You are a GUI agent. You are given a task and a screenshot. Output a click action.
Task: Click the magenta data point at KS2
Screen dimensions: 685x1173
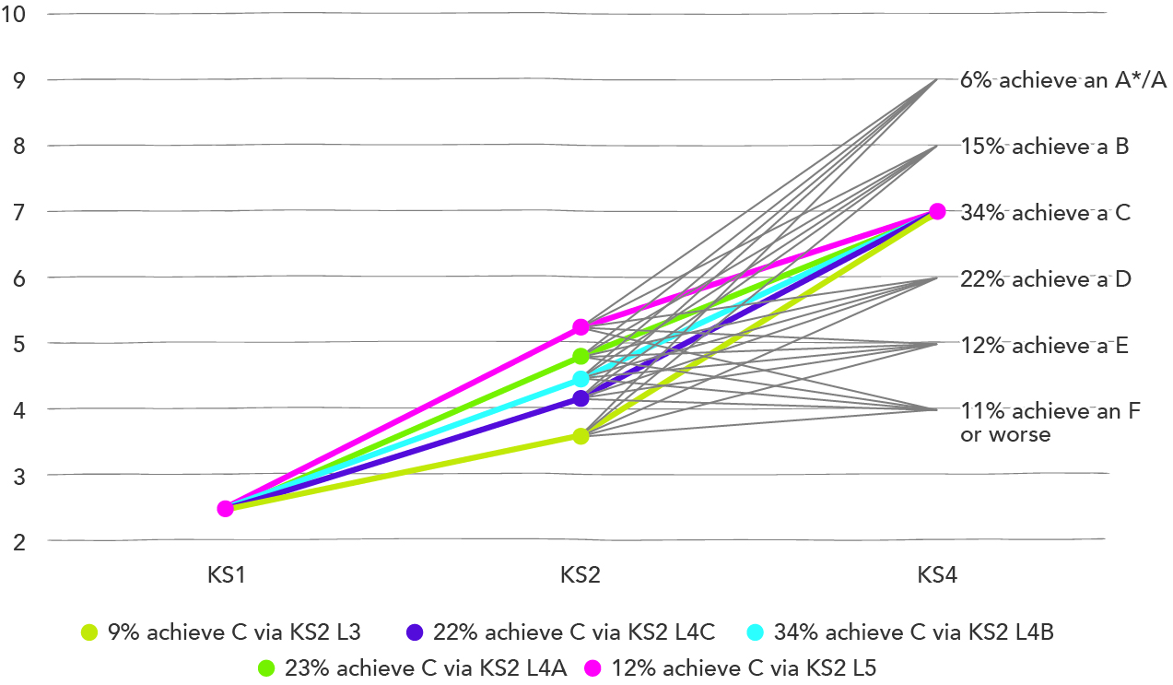pyautogui.click(x=581, y=327)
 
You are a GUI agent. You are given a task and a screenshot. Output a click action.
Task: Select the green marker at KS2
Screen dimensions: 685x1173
pyautogui.click(x=581, y=356)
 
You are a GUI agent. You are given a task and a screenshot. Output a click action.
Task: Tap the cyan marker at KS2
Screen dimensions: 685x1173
pyautogui.click(x=581, y=379)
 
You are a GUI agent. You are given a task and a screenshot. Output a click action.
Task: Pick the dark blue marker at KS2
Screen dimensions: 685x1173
pyautogui.click(x=581, y=398)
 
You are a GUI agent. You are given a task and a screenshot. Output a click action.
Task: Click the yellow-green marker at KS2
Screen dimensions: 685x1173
pyautogui.click(x=581, y=435)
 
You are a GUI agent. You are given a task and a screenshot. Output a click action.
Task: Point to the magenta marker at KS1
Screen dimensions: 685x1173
pyautogui.click(x=225, y=508)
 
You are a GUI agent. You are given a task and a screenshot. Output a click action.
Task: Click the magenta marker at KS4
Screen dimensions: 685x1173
pyautogui.click(x=937, y=211)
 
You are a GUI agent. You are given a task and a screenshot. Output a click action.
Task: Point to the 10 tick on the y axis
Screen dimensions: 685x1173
pyautogui.click(x=16, y=14)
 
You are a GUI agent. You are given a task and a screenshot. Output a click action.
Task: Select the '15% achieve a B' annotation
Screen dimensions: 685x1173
pyautogui.click(x=1044, y=146)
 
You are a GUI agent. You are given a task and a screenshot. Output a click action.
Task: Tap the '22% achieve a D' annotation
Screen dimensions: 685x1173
pyautogui.click(x=1045, y=278)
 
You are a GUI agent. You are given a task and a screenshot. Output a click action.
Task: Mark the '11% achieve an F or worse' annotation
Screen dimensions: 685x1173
pyautogui.click(x=1050, y=422)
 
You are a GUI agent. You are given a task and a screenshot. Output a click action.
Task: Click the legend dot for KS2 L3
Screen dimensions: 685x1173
pyautogui.click(x=89, y=632)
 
